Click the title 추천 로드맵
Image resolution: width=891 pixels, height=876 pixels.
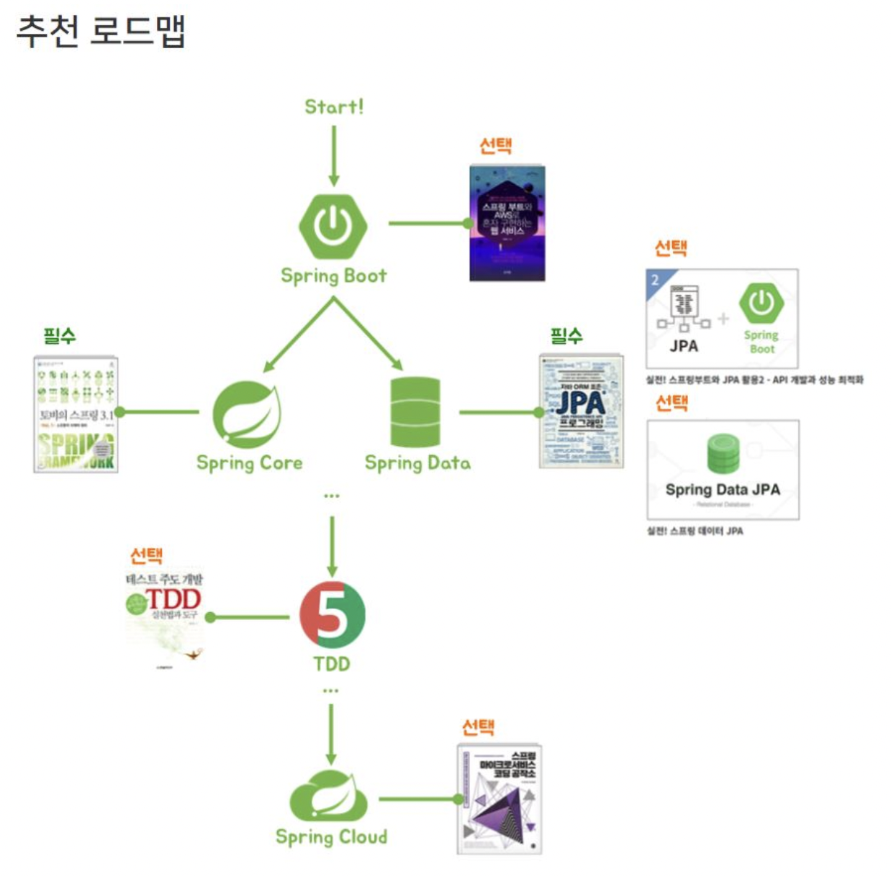pyautogui.click(x=101, y=31)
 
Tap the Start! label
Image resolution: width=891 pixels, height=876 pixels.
pyautogui.click(x=334, y=107)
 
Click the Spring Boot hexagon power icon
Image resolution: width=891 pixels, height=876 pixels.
pyautogui.click(x=333, y=226)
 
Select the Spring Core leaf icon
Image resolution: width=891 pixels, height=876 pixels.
pyautogui.click(x=247, y=415)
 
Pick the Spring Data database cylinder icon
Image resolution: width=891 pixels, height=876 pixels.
pyautogui.click(x=415, y=412)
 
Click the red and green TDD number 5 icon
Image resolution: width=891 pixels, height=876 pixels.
pyautogui.click(x=332, y=614)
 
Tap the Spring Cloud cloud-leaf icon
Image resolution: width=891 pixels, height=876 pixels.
pyautogui.click(x=329, y=795)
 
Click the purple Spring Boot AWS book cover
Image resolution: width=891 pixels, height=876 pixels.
pyautogui.click(x=507, y=223)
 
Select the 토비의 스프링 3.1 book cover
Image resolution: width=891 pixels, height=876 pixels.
pyautogui.click(x=76, y=414)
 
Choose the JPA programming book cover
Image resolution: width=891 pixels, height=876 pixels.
pyautogui.click(x=582, y=411)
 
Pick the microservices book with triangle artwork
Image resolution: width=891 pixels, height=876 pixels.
pyautogui.click(x=499, y=799)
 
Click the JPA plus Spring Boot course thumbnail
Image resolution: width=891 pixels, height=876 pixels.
pyautogui.click(x=722, y=319)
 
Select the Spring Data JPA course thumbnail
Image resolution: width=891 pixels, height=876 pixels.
pyautogui.click(x=723, y=470)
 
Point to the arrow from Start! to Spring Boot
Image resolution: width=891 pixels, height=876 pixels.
pyautogui.click(x=333, y=155)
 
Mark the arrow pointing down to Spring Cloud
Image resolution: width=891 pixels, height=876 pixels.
pyautogui.click(x=331, y=734)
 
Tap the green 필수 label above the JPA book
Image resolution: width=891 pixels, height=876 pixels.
pyautogui.click(x=566, y=335)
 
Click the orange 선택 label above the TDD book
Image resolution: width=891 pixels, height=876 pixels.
pyautogui.click(x=146, y=555)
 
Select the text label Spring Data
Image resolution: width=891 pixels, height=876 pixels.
pyautogui.click(x=417, y=463)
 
